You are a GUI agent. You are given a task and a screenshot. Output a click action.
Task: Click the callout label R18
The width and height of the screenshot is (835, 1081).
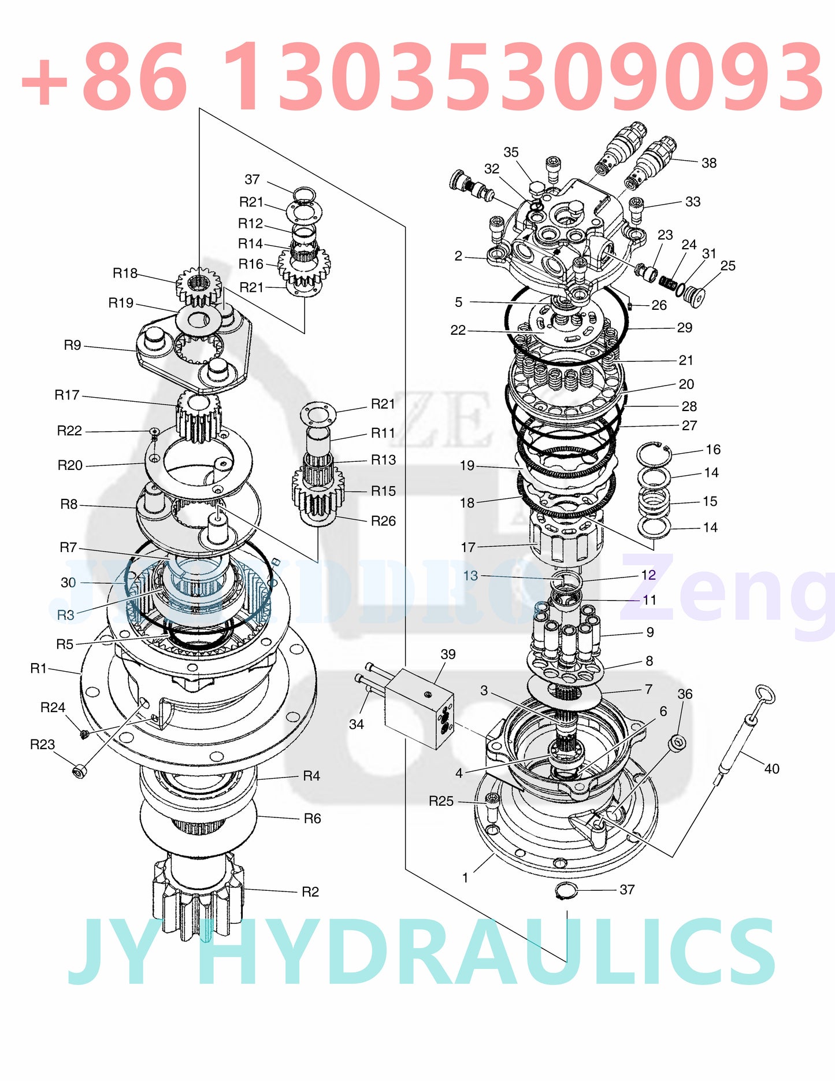(x=125, y=273)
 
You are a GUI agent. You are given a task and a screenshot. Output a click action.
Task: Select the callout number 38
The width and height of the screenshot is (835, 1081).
(x=709, y=163)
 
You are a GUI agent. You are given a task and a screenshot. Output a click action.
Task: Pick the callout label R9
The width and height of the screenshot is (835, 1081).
(x=72, y=345)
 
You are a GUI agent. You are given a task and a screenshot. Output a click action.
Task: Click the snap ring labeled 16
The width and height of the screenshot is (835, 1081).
(x=654, y=454)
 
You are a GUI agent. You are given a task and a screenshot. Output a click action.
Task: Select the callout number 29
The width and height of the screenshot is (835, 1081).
(x=685, y=328)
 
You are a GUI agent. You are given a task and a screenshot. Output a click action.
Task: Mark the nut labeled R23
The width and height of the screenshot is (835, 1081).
(x=80, y=771)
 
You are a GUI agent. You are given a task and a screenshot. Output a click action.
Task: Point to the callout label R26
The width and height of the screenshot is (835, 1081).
(x=384, y=521)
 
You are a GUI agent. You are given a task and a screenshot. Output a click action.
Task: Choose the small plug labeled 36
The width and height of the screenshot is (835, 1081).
(x=678, y=743)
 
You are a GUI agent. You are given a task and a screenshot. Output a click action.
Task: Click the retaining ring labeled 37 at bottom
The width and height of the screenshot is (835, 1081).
(x=566, y=891)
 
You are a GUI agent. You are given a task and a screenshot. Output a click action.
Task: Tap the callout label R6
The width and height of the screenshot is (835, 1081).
(x=312, y=818)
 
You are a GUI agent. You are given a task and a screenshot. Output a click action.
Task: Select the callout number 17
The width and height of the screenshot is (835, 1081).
(x=468, y=547)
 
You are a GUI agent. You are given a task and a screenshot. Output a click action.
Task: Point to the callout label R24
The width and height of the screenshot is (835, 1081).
(x=53, y=708)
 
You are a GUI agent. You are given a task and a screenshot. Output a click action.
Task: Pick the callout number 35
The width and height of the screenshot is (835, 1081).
(x=511, y=152)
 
